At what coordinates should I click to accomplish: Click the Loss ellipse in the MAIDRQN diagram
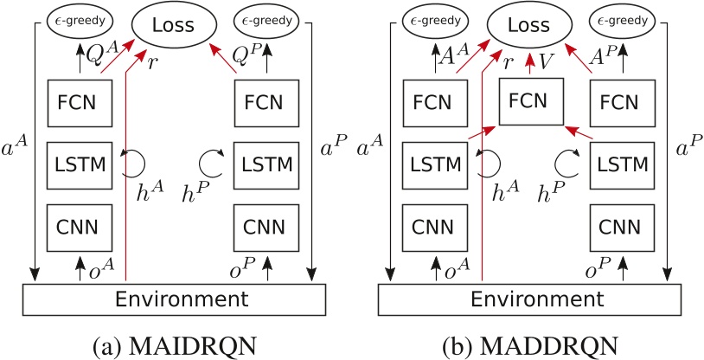pos(174,27)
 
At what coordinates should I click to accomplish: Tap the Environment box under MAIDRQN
pos(173,299)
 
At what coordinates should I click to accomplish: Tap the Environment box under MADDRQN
pos(531,299)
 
